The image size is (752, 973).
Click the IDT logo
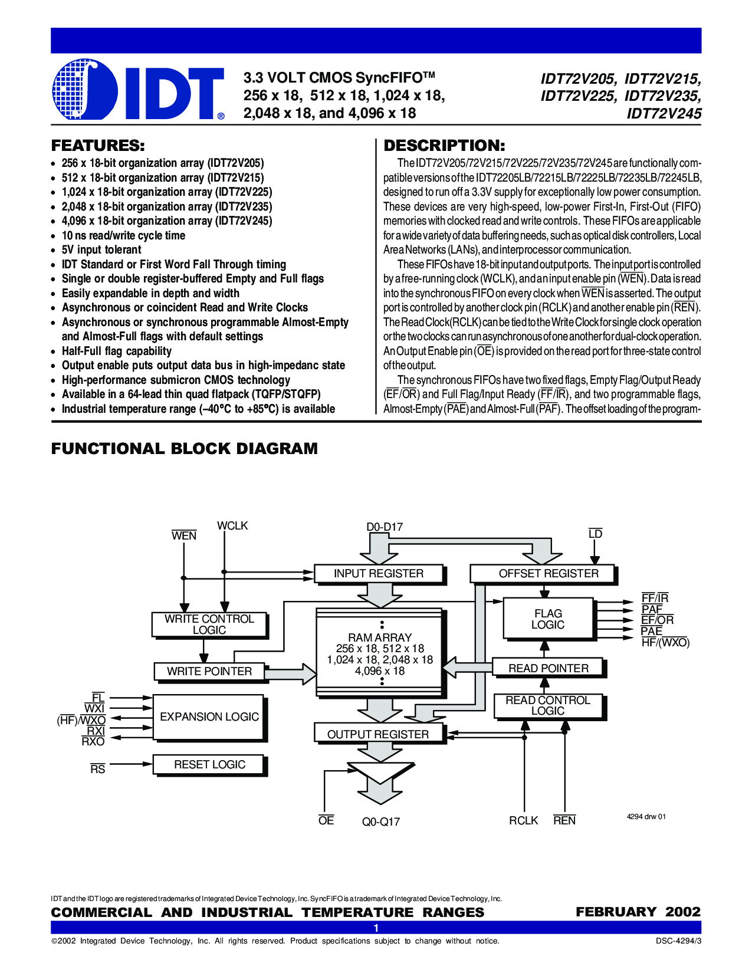pos(138,90)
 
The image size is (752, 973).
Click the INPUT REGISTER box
pos(379,574)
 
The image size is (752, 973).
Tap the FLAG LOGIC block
pos(547,619)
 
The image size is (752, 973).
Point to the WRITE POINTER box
pos(209,672)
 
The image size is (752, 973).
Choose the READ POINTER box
pos(548,668)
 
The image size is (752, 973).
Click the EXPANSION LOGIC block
pos(209,717)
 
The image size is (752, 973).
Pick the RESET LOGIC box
pos(209,765)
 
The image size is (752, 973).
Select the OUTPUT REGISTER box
pos(378,734)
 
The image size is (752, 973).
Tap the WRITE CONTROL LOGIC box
pos(209,624)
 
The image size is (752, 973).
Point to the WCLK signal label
pos(232,526)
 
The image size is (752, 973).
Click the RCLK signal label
pos(523,821)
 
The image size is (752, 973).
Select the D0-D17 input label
pos(385,527)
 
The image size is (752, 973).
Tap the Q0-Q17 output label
pos(381,822)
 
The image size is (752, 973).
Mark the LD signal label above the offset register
pos(595,534)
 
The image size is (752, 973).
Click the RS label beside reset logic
pos(98,770)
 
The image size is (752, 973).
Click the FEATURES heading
pos(98,146)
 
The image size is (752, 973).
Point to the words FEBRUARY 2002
pos(638,912)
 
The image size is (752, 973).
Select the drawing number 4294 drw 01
pos(646,817)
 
